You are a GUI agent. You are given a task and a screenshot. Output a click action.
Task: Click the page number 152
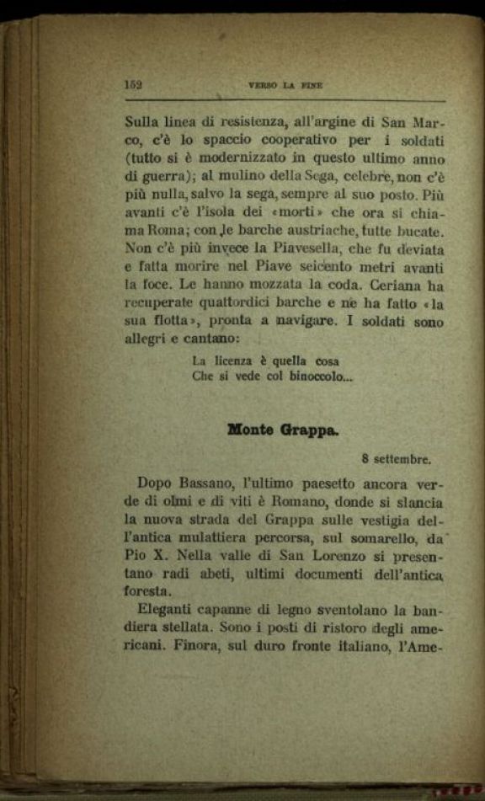click(x=133, y=84)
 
